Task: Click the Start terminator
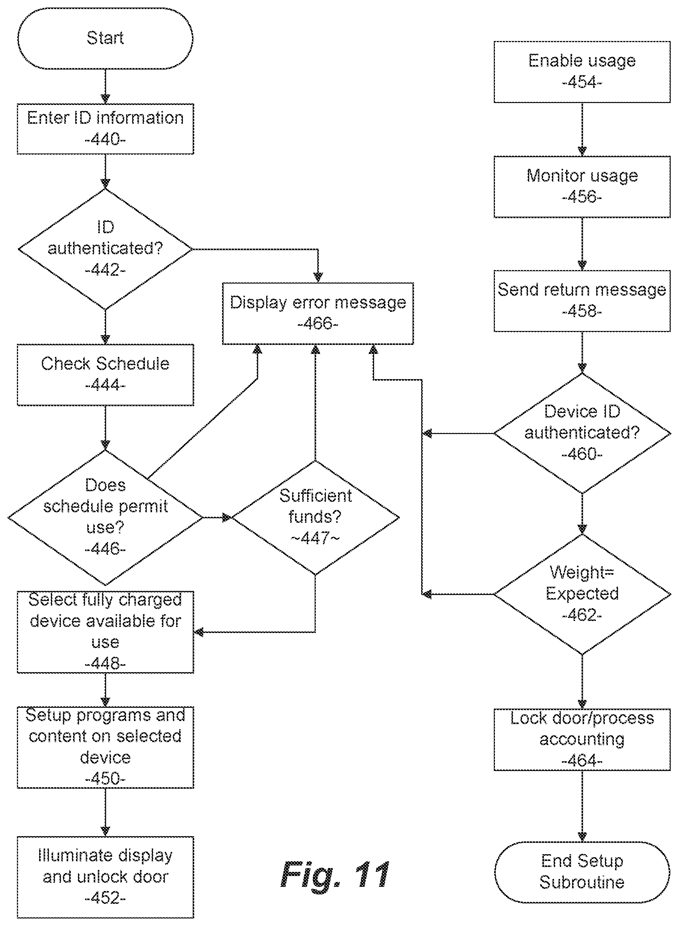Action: pos(105,38)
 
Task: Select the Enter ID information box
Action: pos(105,129)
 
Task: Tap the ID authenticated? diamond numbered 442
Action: pos(105,249)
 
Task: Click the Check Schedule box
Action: pos(105,375)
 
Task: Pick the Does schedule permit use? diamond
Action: pos(105,518)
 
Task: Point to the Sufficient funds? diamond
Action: pos(315,518)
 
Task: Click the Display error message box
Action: pos(318,313)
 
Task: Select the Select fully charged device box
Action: pos(105,632)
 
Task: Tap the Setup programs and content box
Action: pos(105,747)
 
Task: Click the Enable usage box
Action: pos(582,72)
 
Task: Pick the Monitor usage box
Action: pos(582,187)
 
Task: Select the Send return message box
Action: pos(582,301)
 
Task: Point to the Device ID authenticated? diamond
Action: pos(582,433)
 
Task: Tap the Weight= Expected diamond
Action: pos(582,594)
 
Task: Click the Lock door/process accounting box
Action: pos(582,739)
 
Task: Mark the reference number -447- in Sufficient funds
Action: pos(315,538)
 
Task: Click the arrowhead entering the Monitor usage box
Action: pos(582,151)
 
